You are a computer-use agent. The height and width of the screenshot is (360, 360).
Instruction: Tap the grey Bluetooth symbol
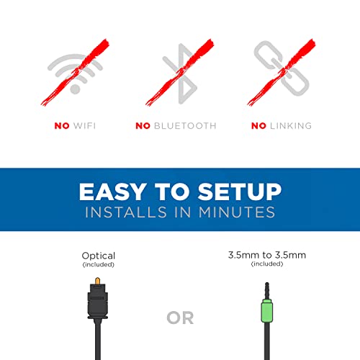pyautogui.click(x=181, y=73)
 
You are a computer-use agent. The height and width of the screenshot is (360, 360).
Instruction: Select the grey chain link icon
pyautogui.click(x=282, y=68)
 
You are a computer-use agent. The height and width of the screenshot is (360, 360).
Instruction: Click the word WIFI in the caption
pyautogui.click(x=84, y=126)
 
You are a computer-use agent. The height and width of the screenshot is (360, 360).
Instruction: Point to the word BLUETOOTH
pyautogui.click(x=185, y=126)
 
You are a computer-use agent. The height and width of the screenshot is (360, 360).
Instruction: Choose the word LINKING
pyautogui.click(x=291, y=126)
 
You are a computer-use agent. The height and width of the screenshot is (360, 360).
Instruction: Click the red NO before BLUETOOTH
pyautogui.click(x=143, y=126)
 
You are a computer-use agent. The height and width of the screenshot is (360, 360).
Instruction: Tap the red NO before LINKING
pyautogui.click(x=258, y=126)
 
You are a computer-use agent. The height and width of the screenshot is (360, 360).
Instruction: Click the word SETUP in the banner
pyautogui.click(x=240, y=192)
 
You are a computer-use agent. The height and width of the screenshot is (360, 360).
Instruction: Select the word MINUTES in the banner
pyautogui.click(x=237, y=212)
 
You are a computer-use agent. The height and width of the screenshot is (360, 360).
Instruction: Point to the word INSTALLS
pyautogui.click(x=126, y=212)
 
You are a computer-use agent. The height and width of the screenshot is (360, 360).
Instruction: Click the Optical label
pyautogui.click(x=99, y=256)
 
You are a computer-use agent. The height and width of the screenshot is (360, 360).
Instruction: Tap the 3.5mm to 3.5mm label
pyautogui.click(x=267, y=255)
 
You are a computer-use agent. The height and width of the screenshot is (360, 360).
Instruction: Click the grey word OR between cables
pyautogui.click(x=180, y=318)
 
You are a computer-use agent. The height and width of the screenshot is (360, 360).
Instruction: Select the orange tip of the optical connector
pyautogui.click(x=98, y=281)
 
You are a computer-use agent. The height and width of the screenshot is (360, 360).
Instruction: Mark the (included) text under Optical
pyautogui.click(x=99, y=264)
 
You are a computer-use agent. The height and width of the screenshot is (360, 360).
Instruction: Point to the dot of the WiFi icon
pyautogui.click(x=75, y=89)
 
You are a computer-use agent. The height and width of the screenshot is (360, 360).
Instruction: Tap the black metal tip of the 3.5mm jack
pyautogui.click(x=267, y=291)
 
